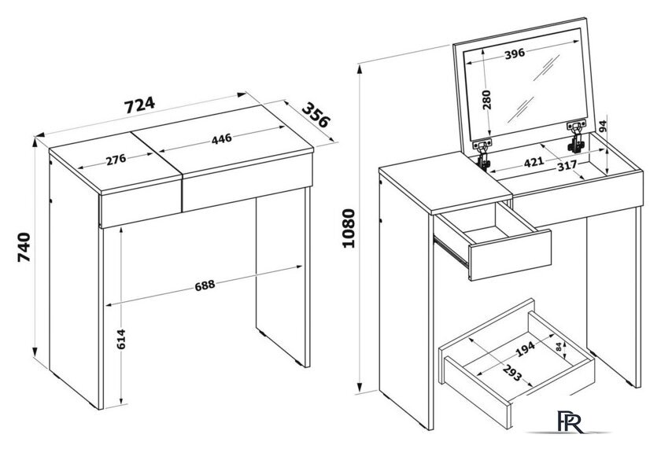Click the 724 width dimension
click(x=139, y=105)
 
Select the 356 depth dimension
click(x=316, y=115)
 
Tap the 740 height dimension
click(x=24, y=247)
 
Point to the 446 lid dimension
click(x=222, y=138)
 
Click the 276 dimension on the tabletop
click(x=116, y=160)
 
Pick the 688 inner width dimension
click(x=205, y=285)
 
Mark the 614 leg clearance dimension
click(x=121, y=340)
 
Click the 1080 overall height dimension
click(x=349, y=228)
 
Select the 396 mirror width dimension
click(x=515, y=53)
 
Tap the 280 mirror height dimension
click(x=487, y=100)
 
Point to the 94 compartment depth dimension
click(x=603, y=127)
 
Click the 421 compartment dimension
click(x=534, y=161)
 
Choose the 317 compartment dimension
click(x=567, y=166)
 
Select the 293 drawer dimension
click(x=512, y=372)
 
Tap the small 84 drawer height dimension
click(x=559, y=347)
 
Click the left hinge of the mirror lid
click(x=483, y=153)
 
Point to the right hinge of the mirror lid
click(x=576, y=135)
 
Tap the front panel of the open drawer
click(x=510, y=255)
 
